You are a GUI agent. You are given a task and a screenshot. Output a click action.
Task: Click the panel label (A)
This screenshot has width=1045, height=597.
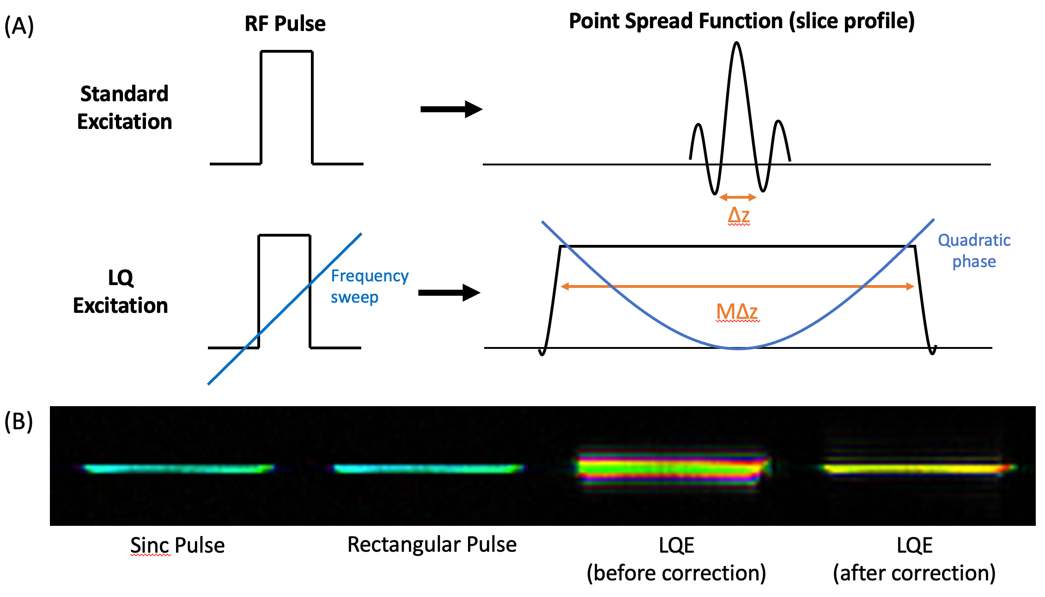pyautogui.click(x=19, y=26)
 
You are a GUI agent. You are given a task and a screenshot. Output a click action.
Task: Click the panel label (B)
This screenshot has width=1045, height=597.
pyautogui.click(x=19, y=421)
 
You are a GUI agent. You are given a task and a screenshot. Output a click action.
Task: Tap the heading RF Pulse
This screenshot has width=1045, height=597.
pyautogui.click(x=285, y=24)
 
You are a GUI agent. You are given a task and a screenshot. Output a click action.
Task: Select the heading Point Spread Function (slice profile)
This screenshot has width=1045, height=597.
pyautogui.click(x=741, y=21)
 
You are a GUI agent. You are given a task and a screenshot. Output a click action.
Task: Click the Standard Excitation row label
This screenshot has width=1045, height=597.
pyautogui.click(x=124, y=108)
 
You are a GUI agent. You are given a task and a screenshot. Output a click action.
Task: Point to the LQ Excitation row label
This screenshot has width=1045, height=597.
pyautogui.click(x=121, y=292)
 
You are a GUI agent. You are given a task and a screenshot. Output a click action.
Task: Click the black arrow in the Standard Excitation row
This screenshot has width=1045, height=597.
pyautogui.click(x=451, y=110)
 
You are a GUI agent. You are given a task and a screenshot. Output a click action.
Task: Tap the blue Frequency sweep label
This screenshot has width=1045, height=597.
pyautogui.click(x=369, y=286)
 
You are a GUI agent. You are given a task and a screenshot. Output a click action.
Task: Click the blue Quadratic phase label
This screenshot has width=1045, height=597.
pyautogui.click(x=974, y=250)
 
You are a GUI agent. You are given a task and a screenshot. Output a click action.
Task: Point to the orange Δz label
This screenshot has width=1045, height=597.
pyautogui.click(x=738, y=215)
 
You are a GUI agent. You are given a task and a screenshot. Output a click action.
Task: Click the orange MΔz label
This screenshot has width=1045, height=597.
pyautogui.click(x=737, y=312)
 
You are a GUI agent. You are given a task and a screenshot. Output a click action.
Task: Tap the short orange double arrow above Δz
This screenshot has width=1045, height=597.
pyautogui.click(x=738, y=198)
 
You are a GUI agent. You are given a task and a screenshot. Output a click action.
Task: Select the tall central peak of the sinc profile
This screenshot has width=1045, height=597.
pyautogui.click(x=737, y=69)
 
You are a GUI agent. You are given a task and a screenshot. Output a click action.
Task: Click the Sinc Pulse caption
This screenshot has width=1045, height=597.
pyautogui.click(x=177, y=545)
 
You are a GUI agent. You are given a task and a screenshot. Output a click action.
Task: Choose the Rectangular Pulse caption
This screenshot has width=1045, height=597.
pyautogui.click(x=432, y=544)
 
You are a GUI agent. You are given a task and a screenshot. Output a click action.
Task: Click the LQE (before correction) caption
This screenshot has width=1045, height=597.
pyautogui.click(x=676, y=559)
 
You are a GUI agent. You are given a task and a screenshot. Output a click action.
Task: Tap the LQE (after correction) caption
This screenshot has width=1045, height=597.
pyautogui.click(x=914, y=559)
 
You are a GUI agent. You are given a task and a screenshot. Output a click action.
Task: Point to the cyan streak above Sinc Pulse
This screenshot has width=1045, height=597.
pyautogui.click(x=178, y=469)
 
